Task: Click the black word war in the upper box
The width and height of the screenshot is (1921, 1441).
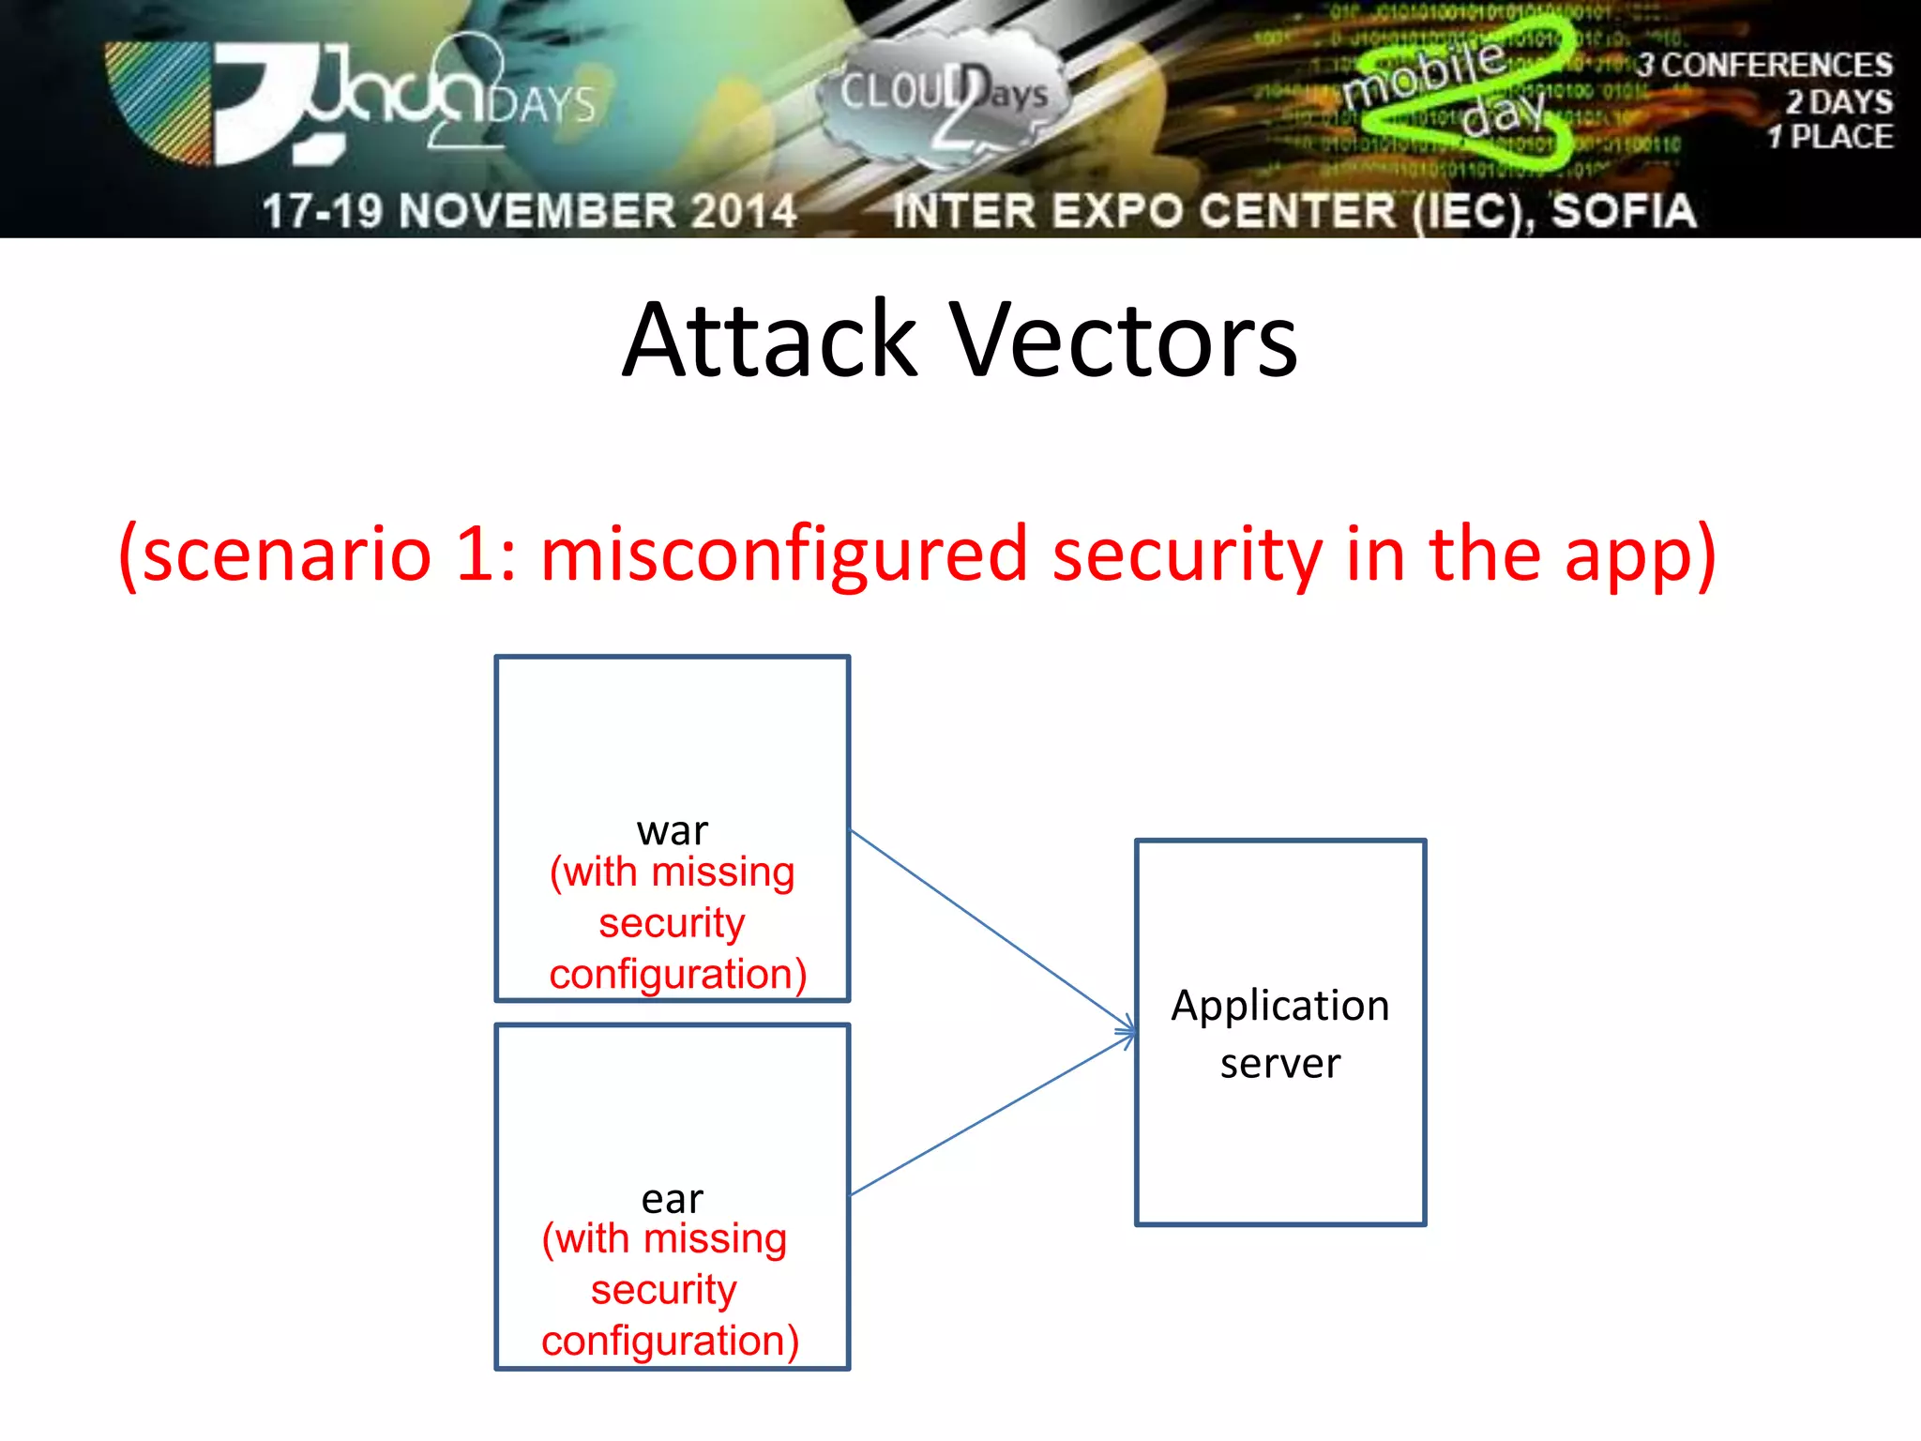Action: point(672,831)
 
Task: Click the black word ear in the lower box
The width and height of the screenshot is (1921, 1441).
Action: point(672,1199)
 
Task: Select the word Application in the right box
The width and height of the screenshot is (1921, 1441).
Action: point(1280,1006)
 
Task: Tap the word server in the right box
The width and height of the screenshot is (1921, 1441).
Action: point(1280,1064)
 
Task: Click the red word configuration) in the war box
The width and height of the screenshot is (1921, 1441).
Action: point(677,974)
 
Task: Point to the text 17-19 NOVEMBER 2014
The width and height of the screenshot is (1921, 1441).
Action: point(529,210)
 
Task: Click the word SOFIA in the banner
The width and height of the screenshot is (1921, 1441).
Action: point(1623,210)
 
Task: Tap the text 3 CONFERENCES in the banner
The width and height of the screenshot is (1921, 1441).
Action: point(1763,65)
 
